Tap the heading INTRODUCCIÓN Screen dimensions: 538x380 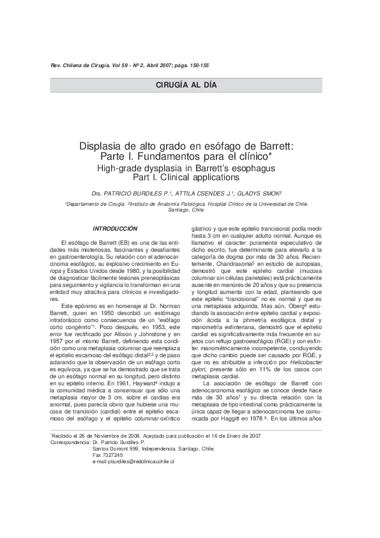pyautogui.click(x=116, y=228)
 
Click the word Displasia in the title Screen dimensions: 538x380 pyautogui.click(x=105, y=146)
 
